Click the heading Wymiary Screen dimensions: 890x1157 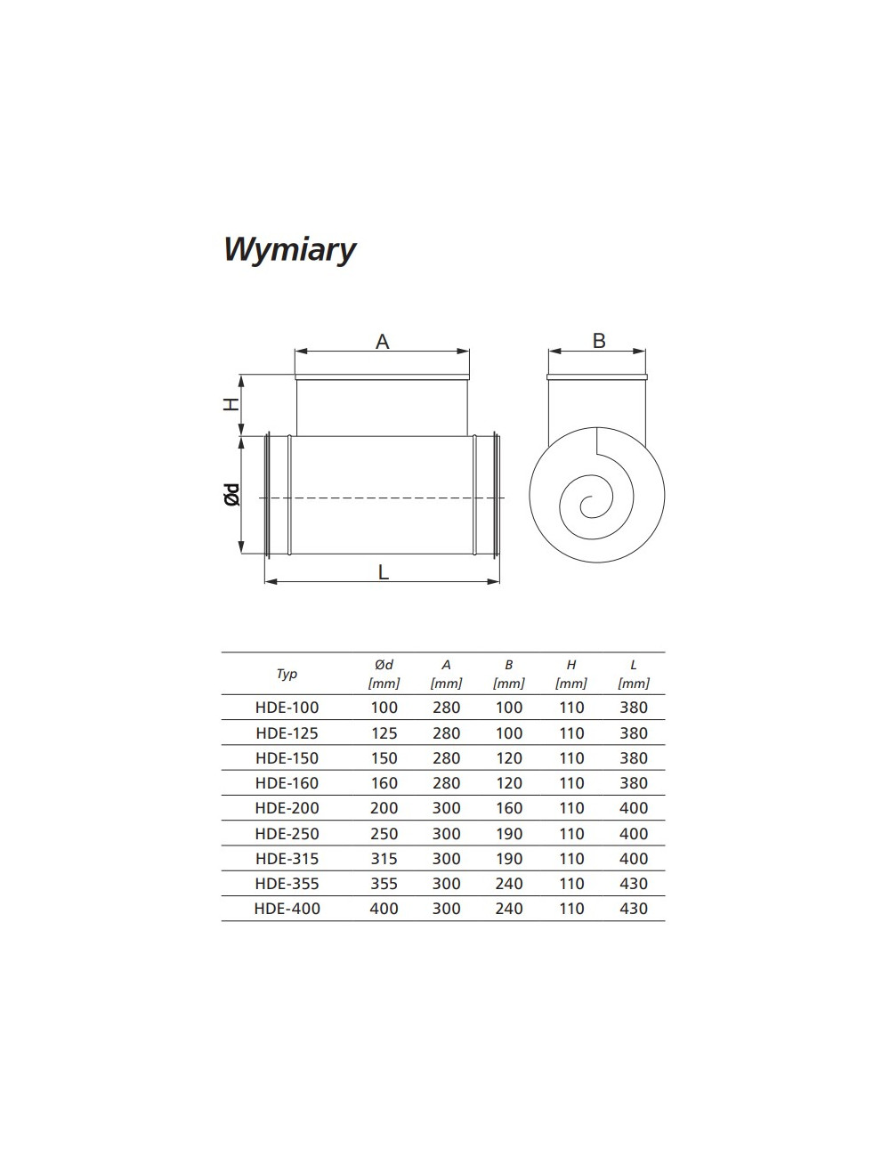coord(289,250)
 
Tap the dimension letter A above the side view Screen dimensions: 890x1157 coord(382,342)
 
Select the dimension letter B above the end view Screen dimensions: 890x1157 coord(599,341)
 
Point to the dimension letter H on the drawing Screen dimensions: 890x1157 coord(231,405)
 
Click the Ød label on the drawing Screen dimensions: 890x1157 coord(232,494)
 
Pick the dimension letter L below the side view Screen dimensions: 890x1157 coord(384,572)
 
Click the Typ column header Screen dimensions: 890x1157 coord(287,674)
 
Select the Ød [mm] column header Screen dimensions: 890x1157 coord(384,674)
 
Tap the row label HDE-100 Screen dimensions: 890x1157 coord(287,708)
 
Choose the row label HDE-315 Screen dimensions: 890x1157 coord(287,859)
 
